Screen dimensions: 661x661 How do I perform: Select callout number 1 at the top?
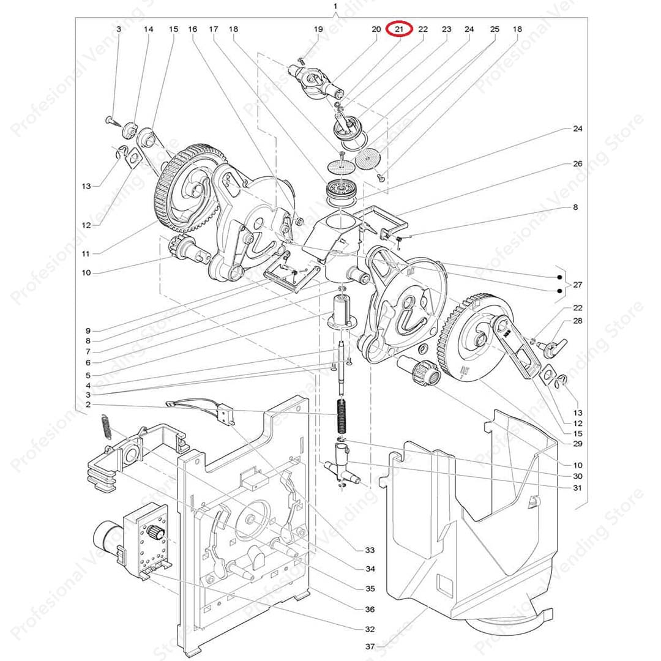(335, 7)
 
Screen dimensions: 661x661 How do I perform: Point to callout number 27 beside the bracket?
(577, 285)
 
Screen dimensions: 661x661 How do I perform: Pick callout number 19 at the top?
(318, 29)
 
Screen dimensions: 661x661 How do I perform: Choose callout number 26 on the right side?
(577, 164)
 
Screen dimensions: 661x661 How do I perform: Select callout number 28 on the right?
(577, 321)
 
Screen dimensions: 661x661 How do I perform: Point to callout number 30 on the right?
(577, 476)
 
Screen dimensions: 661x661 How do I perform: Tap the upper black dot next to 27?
(560, 275)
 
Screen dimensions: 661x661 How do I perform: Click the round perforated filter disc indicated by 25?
(368, 162)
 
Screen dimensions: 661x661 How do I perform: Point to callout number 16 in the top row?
(193, 29)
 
